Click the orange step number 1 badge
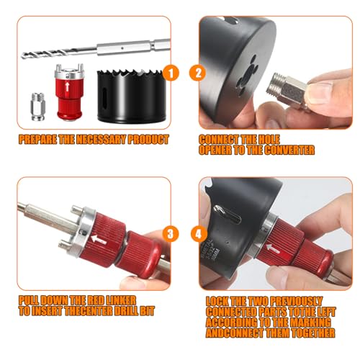tap(171, 73)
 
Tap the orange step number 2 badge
tap(197, 73)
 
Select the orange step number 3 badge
tap(170, 234)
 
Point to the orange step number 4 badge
tap(199, 234)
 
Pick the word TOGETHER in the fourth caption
tap(313, 333)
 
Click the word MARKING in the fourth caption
tap(310, 323)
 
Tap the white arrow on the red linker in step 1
tap(67, 87)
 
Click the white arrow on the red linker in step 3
tap(99, 239)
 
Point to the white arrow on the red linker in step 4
tap(273, 248)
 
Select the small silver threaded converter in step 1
tap(38, 107)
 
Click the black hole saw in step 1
tap(132, 96)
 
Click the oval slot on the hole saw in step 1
tap(104, 96)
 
